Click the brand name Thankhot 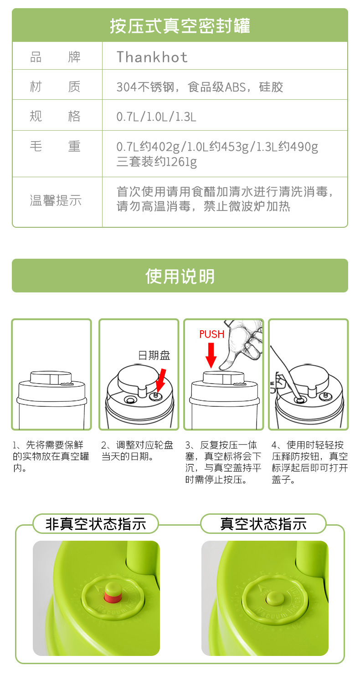[152, 57]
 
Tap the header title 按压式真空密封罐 [180, 26]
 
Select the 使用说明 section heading [180, 276]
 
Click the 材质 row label [55, 87]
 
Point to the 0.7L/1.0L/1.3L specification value [156, 117]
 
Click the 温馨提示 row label [56, 200]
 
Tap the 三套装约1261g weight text [156, 161]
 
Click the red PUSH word [212, 334]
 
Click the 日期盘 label [154, 355]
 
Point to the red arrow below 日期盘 [160, 380]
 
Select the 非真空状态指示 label [96, 523]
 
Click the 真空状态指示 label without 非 [263, 523]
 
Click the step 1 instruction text [51, 456]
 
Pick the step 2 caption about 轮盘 [137, 450]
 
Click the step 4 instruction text [309, 462]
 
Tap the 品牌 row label [55, 57]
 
